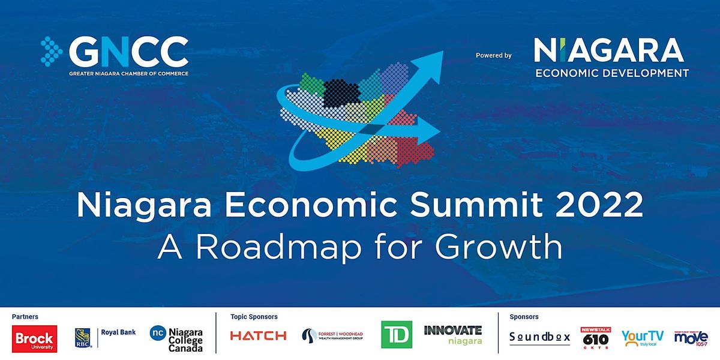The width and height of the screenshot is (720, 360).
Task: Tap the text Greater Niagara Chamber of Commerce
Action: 128,73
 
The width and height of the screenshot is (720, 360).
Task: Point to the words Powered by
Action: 493,55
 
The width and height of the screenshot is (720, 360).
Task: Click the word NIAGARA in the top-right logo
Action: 608,50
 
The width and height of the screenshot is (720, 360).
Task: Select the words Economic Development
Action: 611,73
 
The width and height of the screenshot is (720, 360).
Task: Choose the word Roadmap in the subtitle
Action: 285,247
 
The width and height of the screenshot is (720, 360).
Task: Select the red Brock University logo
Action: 34,338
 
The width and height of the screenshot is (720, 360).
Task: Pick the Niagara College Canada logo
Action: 176,338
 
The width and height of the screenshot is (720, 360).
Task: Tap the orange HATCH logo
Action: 258,336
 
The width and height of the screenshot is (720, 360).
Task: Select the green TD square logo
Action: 396,334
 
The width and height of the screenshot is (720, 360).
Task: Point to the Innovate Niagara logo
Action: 452,335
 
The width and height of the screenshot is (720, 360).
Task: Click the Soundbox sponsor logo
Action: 539,337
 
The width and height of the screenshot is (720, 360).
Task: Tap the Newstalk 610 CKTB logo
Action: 595,337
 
